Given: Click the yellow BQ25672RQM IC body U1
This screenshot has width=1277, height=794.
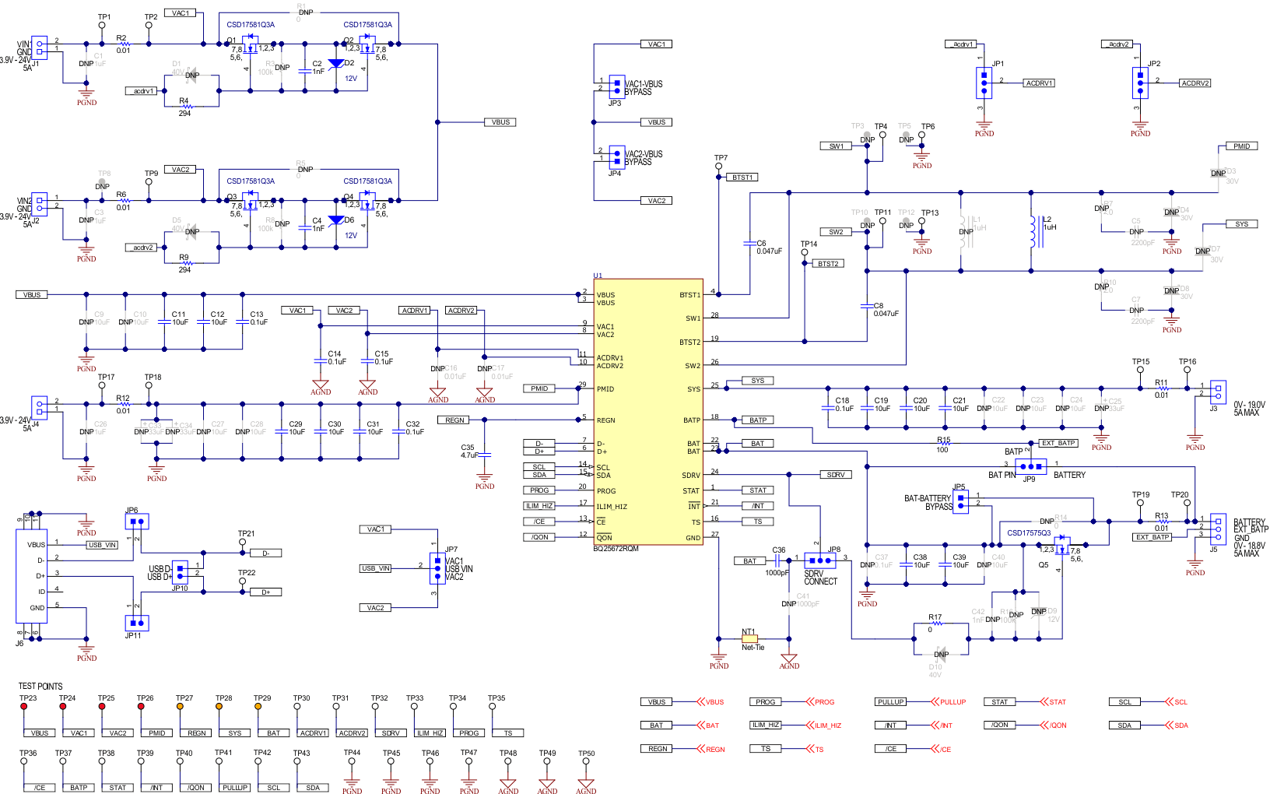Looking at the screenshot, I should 647,413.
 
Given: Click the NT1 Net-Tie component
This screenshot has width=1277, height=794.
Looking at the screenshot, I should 749,639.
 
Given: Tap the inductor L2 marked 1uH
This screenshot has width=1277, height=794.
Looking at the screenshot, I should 1035,232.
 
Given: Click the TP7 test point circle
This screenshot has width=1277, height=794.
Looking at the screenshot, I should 718,166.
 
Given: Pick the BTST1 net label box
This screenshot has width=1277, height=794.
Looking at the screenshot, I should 743,177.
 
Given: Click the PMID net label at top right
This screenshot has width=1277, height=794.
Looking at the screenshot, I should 1241,146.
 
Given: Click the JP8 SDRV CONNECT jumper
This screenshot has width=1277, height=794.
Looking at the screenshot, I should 820,560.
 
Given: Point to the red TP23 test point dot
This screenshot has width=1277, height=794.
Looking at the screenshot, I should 24,707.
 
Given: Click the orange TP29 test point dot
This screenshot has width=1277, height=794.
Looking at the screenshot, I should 258,707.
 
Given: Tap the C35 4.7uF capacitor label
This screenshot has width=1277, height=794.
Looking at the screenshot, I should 468,451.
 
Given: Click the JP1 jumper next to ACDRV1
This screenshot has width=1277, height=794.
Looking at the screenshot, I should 984,83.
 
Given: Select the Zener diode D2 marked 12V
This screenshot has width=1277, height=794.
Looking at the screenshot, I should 336,65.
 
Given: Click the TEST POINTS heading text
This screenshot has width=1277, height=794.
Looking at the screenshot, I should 40,687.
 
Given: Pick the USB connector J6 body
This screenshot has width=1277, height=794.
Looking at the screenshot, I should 31,576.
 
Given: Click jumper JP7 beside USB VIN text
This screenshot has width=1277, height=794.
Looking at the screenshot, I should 437,568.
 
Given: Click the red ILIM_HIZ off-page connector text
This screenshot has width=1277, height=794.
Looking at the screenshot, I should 828,725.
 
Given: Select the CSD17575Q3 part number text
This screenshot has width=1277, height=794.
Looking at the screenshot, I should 1029,533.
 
